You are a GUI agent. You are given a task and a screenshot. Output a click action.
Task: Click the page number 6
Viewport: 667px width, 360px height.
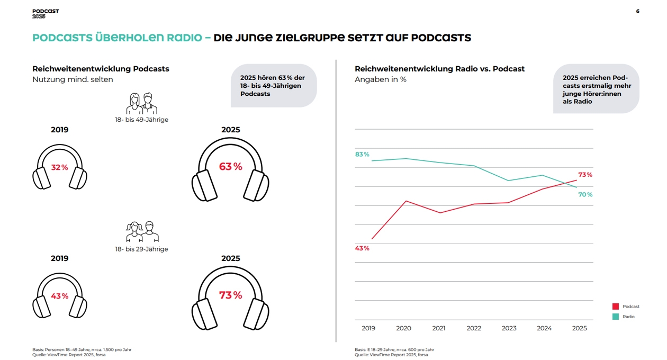pyautogui.click(x=637, y=11)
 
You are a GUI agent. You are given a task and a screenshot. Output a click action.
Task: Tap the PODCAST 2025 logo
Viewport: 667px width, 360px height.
pyautogui.click(x=46, y=14)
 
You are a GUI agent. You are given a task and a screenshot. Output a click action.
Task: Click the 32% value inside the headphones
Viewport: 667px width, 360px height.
pyautogui.click(x=59, y=167)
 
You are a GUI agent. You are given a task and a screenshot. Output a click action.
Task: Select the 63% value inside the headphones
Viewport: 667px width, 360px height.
pyautogui.click(x=230, y=166)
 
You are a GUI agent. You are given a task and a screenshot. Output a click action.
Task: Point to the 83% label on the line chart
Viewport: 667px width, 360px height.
pyautogui.click(x=362, y=154)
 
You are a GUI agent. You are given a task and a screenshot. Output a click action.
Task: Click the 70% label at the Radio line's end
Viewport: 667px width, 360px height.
pyautogui.click(x=585, y=194)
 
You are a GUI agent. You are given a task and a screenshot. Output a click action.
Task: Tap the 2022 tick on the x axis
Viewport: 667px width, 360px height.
pyautogui.click(x=474, y=328)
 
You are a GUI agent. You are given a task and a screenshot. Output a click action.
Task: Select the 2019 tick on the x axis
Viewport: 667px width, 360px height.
pyautogui.click(x=368, y=328)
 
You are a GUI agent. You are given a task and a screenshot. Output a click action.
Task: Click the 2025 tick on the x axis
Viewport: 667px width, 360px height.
pyautogui.click(x=580, y=328)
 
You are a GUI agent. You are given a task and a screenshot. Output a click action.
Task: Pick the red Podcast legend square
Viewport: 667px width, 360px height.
pyautogui.click(x=616, y=307)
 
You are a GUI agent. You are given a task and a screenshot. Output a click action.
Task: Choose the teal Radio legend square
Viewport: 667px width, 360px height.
pyautogui.click(x=616, y=317)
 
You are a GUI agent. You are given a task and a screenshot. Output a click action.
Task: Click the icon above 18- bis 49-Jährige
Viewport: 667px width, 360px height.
pyautogui.click(x=142, y=103)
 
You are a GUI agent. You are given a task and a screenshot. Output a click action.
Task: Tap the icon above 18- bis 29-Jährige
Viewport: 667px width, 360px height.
pyautogui.click(x=142, y=231)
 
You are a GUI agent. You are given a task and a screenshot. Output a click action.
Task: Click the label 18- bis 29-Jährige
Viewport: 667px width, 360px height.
pyautogui.click(x=141, y=249)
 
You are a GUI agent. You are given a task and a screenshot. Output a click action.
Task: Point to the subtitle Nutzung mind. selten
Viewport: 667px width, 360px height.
pyautogui.click(x=73, y=79)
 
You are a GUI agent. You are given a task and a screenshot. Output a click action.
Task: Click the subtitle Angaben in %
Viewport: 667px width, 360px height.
pyautogui.click(x=380, y=79)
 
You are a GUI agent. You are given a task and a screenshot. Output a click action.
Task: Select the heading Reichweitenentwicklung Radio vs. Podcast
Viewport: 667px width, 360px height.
pyautogui.click(x=439, y=69)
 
